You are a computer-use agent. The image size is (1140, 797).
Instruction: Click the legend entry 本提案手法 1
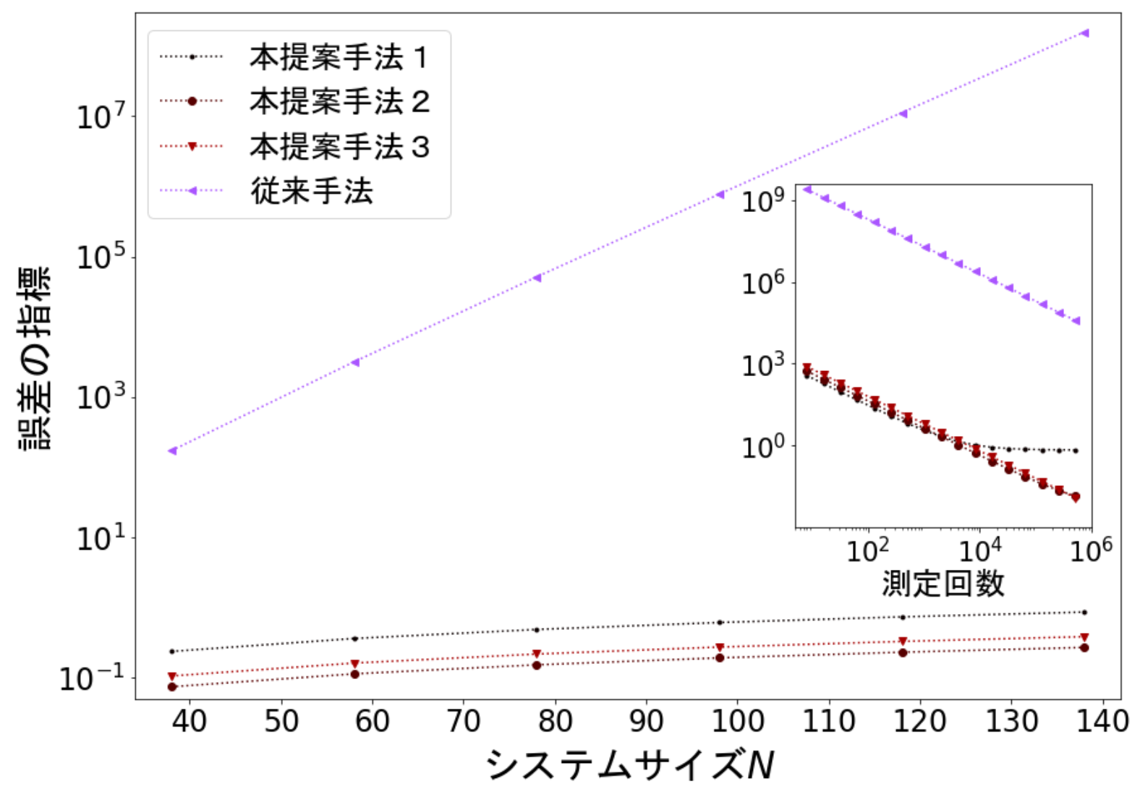click(339, 58)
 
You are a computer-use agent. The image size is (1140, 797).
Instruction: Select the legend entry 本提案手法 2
click(339, 102)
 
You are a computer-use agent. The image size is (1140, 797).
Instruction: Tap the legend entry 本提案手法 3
click(339, 147)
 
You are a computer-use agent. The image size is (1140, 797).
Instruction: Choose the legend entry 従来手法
click(311, 191)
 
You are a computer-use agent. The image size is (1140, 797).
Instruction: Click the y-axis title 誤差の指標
click(35, 358)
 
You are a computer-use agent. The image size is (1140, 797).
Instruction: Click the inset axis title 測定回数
click(943, 583)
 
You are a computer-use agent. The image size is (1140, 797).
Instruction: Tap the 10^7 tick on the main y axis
click(101, 116)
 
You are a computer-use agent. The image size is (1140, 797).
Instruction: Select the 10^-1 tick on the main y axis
click(92, 678)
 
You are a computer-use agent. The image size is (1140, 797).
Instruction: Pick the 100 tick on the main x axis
click(737, 721)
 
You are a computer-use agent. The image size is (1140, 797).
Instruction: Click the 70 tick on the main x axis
click(463, 721)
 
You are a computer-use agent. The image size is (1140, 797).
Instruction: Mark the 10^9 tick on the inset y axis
click(764, 200)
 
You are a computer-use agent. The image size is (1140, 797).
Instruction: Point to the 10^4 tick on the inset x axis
click(980, 550)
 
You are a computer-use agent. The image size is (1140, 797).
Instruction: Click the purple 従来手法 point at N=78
click(537, 278)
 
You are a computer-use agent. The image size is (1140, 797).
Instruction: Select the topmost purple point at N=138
click(1084, 33)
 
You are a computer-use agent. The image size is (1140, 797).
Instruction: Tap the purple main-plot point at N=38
click(172, 451)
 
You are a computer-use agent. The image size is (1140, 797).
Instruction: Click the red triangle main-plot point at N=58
click(354, 663)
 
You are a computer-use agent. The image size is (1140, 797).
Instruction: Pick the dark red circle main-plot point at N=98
click(720, 657)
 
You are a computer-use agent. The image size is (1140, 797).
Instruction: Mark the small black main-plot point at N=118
click(902, 617)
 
